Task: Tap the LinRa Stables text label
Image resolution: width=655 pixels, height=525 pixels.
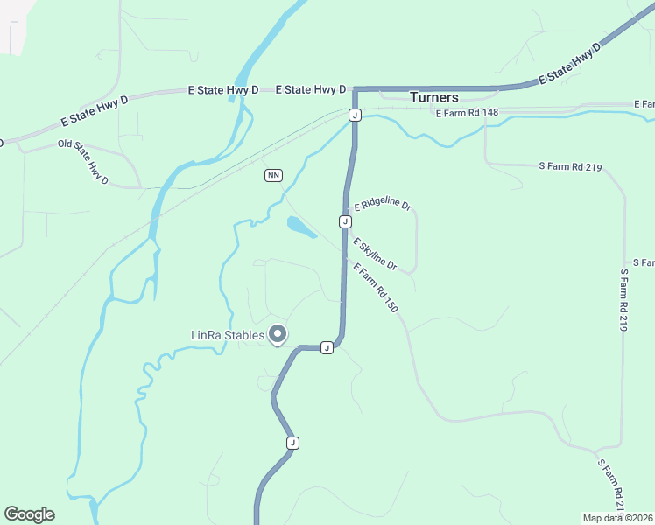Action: coord(228,335)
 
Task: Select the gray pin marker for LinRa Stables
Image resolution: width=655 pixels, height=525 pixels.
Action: coord(278,334)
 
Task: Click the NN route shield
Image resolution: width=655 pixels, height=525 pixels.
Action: coord(274,176)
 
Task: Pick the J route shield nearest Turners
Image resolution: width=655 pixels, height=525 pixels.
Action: coord(355,115)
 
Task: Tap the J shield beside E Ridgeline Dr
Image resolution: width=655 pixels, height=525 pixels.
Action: coord(346,221)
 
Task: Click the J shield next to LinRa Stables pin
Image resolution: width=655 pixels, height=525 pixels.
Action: coord(327,347)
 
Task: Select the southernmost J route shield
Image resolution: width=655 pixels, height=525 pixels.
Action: coord(292,443)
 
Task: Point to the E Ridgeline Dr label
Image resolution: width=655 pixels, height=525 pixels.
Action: coord(383,206)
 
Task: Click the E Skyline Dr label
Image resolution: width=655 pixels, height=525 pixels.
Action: coord(375,254)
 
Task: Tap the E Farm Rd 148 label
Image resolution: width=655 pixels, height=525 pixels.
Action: coord(467,113)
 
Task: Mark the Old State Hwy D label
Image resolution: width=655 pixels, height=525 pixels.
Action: coord(83,162)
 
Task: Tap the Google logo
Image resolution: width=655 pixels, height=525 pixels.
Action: coord(29,514)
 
